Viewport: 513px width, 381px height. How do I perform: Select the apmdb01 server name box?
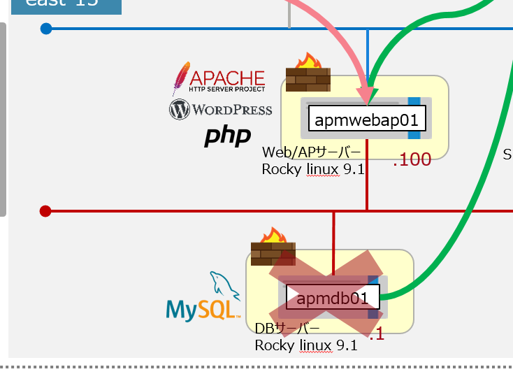point(333,299)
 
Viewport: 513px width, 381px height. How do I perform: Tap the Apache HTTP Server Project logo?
point(219,79)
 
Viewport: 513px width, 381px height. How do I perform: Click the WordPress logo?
point(220,109)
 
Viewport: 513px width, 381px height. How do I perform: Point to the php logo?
point(227,136)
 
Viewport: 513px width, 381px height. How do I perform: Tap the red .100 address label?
point(412,160)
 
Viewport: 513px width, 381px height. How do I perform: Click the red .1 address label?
point(377,335)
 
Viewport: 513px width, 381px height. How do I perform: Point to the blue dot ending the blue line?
point(46,29)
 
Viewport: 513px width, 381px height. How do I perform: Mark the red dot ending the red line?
point(46,210)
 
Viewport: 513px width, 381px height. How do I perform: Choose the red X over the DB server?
point(327,292)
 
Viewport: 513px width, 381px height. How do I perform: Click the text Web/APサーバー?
point(312,152)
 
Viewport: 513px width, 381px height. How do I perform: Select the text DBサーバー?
point(287,329)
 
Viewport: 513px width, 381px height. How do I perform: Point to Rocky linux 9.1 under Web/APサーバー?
point(314,169)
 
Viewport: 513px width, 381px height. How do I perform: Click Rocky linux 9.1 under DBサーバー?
point(306,345)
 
